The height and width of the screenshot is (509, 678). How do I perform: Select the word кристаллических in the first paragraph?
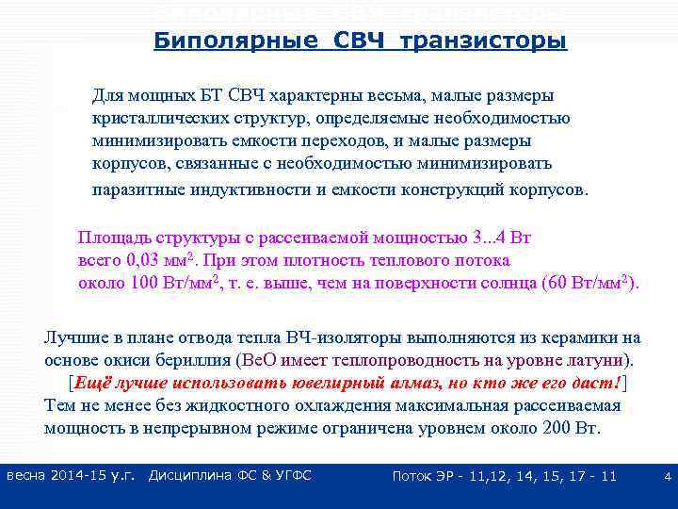click(x=154, y=119)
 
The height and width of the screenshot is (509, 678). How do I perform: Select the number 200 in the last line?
click(x=554, y=428)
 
